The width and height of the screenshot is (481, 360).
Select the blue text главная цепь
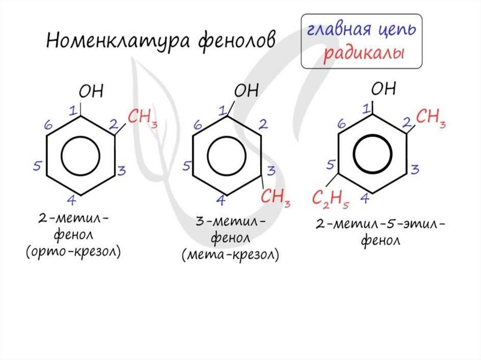click(361, 30)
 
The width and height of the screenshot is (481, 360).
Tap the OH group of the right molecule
click(383, 89)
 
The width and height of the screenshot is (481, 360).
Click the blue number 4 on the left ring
click(71, 201)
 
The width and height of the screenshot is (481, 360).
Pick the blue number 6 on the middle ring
click(198, 125)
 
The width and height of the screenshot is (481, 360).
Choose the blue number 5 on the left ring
click(38, 166)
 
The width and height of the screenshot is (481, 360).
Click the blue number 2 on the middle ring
click(264, 124)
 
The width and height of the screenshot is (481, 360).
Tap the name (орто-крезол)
click(73, 252)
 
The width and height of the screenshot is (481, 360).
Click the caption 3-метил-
click(229, 222)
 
